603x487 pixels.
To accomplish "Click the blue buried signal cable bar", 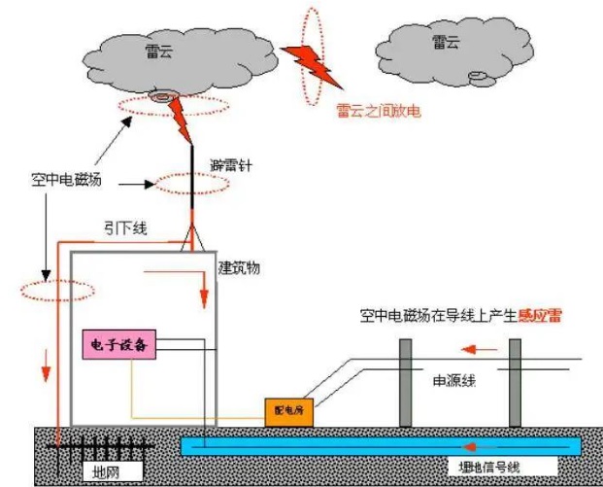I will coord(379,446).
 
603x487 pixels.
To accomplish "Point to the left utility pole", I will coord(405,384).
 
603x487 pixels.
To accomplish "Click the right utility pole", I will coord(515,384).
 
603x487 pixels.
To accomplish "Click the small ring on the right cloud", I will coord(478,77).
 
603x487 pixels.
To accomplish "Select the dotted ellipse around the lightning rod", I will coord(190,182).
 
